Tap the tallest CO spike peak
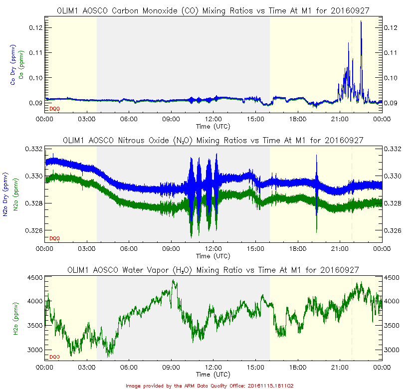point(361,21)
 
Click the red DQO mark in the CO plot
point(54,108)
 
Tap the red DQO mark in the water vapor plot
point(54,357)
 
